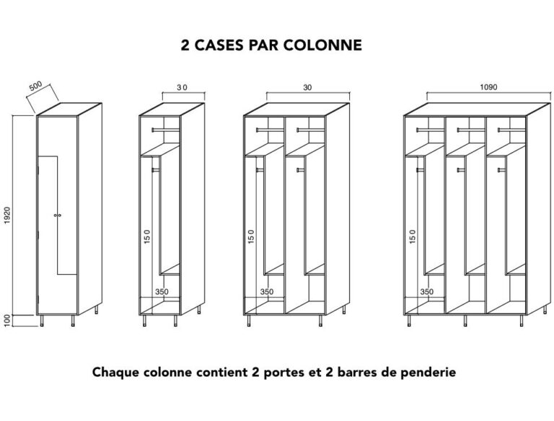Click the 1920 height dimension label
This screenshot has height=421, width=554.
[x=7, y=215]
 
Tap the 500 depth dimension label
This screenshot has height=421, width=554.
[x=35, y=86]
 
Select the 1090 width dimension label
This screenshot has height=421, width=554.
[x=488, y=87]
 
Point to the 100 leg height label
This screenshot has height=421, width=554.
[x=7, y=321]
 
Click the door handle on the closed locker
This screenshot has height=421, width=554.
[x=58, y=215]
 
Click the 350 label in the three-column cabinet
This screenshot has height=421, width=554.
[x=427, y=292]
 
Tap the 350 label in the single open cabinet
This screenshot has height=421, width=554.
[x=162, y=292]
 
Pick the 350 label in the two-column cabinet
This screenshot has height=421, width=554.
[x=267, y=292]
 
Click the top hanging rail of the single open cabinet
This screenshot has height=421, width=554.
[x=166, y=130]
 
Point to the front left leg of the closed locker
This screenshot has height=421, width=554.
[x=42, y=321]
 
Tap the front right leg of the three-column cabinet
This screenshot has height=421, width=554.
[x=521, y=321]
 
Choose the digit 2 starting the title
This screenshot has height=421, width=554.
[x=185, y=45]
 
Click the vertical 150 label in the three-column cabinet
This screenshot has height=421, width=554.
[x=412, y=236]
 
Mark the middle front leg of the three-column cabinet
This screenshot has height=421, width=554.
[x=465, y=321]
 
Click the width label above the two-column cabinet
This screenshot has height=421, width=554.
[x=307, y=87]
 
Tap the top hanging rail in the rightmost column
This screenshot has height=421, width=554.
[x=511, y=130]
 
